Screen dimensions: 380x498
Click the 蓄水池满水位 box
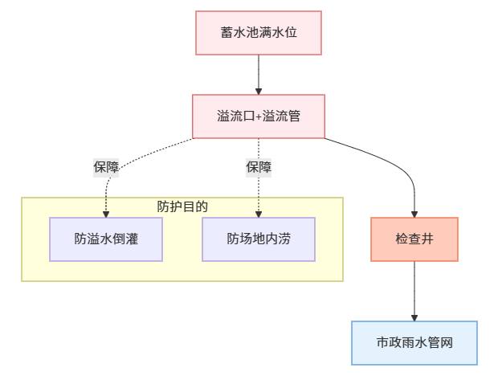tap(259, 33)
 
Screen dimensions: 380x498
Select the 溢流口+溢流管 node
tap(259, 116)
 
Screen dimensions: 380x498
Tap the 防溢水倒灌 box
tap(106, 239)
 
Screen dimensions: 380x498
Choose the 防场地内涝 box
tap(259, 239)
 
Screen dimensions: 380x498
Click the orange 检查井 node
tap(414, 239)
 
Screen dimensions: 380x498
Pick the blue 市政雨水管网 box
tap(414, 343)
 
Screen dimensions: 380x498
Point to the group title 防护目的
tap(182, 206)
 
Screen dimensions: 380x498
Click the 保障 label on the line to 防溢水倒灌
tap(106, 168)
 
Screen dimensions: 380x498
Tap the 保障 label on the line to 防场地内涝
tap(259, 168)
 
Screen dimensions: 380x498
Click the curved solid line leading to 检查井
tap(386, 160)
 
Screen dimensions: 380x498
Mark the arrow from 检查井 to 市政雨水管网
tap(414, 289)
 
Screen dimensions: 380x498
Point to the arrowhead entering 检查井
tap(414, 213)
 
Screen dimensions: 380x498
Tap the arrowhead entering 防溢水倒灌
tap(106, 213)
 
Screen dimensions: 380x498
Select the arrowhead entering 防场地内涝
tap(259, 213)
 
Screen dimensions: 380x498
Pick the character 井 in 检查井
tap(428, 239)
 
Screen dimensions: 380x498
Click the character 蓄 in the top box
tap(227, 33)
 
